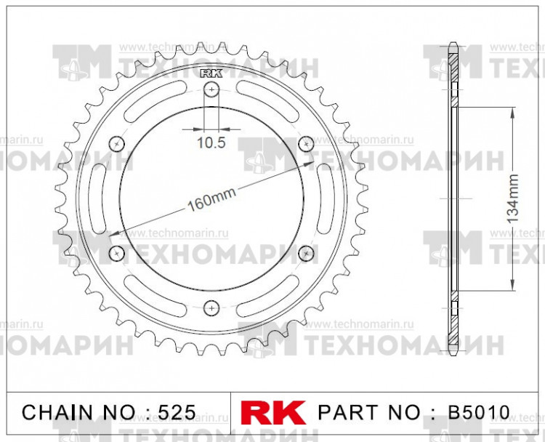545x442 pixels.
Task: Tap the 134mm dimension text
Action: [x=513, y=198]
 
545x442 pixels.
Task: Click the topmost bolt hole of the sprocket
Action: [x=211, y=89]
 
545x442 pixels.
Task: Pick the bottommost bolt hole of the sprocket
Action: [x=211, y=307]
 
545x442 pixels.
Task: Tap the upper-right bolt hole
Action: [x=305, y=144]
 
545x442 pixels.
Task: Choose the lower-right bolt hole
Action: [x=305, y=252]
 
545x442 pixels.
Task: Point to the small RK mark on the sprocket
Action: [x=211, y=73]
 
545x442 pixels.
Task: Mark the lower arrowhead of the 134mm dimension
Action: [x=514, y=287]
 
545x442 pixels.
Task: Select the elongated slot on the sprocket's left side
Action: [x=97, y=198]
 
